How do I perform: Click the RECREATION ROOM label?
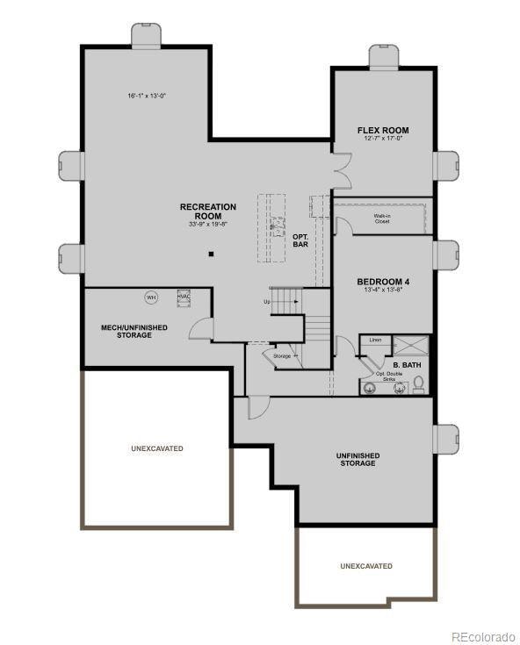(208, 211)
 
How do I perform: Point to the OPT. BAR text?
(300, 240)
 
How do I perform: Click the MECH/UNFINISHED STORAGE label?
(134, 331)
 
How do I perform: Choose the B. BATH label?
(407, 363)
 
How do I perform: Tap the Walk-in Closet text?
(382, 219)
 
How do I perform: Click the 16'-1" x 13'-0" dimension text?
(147, 95)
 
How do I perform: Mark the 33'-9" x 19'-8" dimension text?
(207, 225)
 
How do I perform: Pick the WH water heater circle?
(150, 297)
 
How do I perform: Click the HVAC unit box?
(184, 297)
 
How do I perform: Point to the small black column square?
(211, 254)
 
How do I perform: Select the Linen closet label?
(375, 339)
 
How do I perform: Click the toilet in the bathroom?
(419, 383)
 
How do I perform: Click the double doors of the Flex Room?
(341, 170)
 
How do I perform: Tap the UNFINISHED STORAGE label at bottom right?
(357, 459)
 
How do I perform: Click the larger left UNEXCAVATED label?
(157, 448)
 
